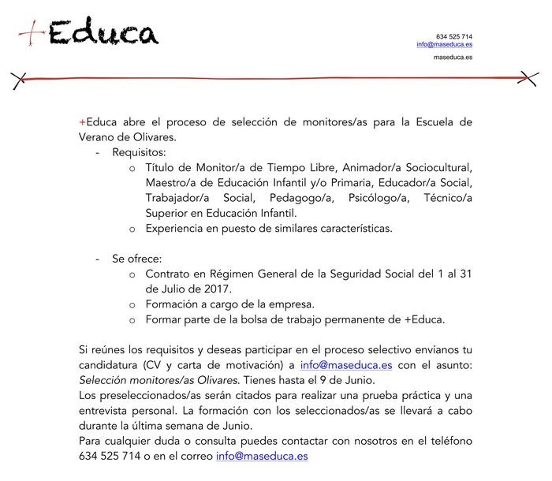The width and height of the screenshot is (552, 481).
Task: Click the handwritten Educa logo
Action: [89, 33]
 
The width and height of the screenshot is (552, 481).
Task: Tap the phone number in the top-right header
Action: [454, 36]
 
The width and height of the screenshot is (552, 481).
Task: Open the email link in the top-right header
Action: [445, 45]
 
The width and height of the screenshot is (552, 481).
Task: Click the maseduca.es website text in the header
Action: [453, 58]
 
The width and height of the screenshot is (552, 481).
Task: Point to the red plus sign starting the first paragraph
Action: [82, 122]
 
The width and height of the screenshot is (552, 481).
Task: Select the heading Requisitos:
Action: [139, 152]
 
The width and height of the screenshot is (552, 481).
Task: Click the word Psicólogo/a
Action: [374, 198]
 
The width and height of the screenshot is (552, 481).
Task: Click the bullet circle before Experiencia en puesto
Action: [132, 229]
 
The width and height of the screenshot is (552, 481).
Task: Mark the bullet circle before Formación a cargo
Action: [132, 304]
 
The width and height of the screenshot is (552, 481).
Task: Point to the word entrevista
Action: [105, 411]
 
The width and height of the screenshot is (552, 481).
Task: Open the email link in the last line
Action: [262, 456]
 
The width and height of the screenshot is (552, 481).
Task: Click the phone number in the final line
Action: [110, 456]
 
